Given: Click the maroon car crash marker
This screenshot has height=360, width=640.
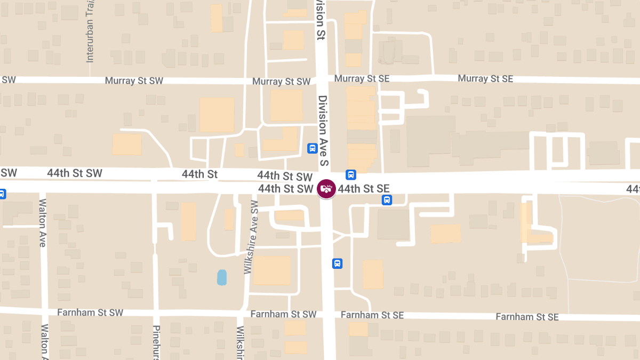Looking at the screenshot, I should point(326,188).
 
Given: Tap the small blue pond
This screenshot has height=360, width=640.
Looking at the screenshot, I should point(222,277).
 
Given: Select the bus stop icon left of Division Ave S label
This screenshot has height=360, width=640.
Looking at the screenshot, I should point(313,148).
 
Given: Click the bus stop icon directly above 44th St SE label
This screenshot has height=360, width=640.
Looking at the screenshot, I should point(351,174).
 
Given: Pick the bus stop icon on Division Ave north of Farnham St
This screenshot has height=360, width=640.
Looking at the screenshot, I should point(337,263).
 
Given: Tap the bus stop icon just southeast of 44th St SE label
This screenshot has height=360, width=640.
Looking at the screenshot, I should point(387,200).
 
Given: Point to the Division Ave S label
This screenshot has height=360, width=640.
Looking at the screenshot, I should point(322,131).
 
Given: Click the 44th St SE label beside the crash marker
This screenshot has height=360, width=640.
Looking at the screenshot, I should point(363,188).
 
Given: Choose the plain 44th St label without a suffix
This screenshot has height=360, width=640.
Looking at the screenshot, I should point(199,174).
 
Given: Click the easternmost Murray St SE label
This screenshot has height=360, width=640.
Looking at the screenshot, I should point(485,79).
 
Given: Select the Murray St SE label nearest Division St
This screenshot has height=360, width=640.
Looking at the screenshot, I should point(362,79).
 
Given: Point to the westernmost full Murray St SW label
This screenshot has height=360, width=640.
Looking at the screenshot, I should point(134,81).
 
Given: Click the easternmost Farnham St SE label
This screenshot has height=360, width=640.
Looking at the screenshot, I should point(527,317).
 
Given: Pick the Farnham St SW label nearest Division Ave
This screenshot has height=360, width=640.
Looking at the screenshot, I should point(283,315).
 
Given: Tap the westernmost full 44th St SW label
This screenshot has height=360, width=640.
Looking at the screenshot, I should point(75,173).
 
